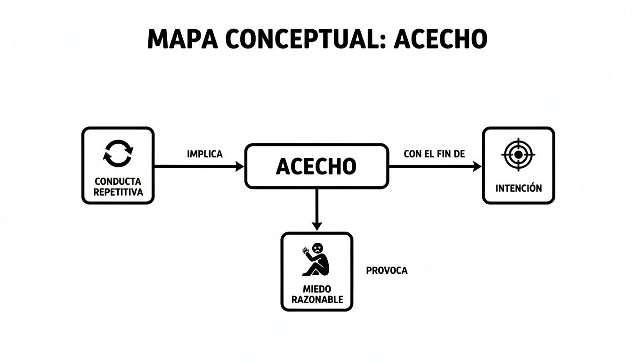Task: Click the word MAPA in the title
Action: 182,40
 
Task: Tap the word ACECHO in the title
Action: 440,40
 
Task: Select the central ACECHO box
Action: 316,166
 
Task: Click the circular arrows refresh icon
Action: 118,153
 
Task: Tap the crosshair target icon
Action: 518,154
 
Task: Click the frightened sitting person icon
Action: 316,259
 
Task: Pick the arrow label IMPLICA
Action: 204,154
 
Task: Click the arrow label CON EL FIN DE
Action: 434,154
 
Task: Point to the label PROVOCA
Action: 386,271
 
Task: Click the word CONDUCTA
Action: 118,181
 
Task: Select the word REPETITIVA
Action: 118,192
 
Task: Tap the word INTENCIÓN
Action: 519,188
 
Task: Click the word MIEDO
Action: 317,288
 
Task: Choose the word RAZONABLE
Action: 317,299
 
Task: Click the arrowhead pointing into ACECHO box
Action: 240,166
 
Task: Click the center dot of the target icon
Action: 518,154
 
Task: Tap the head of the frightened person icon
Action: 318,247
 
